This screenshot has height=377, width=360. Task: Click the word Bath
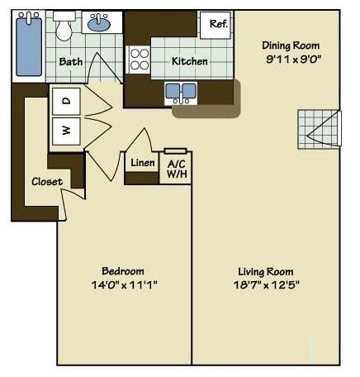point(70,61)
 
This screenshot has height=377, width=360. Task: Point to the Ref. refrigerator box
point(218,24)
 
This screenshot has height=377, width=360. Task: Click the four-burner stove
point(139,60)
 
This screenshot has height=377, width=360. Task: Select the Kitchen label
point(189,61)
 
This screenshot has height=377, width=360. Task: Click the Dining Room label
point(290,45)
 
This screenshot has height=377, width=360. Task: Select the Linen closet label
point(142,163)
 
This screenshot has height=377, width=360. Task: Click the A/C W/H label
point(176,169)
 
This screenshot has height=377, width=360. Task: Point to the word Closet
point(47,182)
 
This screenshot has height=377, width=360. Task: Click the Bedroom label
point(123,271)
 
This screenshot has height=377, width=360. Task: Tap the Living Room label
point(265,271)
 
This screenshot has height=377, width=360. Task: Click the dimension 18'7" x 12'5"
point(265,285)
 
